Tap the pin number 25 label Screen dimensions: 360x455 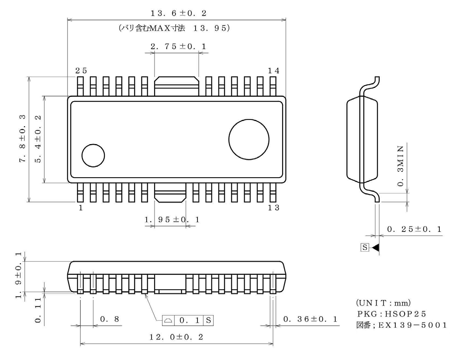81,70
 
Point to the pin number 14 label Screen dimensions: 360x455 274,70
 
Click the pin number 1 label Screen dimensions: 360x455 81,208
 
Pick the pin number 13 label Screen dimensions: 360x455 274,208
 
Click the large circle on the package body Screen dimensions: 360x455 249,140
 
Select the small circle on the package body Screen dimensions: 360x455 93,155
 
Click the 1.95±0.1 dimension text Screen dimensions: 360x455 172,220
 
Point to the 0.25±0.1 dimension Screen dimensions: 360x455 414,229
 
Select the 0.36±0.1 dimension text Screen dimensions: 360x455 311,319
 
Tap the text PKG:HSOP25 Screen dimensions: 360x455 384,314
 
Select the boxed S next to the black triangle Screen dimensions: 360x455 365,248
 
